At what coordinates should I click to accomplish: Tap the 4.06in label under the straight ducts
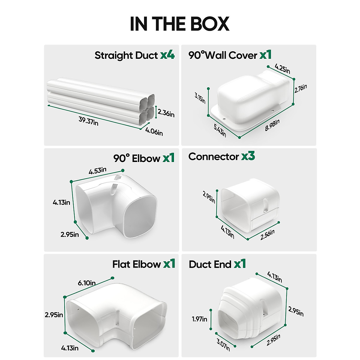pyautogui.click(x=154, y=131)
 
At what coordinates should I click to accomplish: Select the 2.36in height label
pyautogui.click(x=166, y=113)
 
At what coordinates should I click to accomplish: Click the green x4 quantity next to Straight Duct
pyautogui.click(x=167, y=55)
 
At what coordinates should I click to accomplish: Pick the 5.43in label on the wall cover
pyautogui.click(x=220, y=130)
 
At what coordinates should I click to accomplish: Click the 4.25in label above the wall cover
pyautogui.click(x=282, y=69)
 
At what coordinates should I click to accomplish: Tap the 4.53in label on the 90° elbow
pyautogui.click(x=97, y=171)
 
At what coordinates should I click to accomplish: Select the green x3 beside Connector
pyautogui.click(x=248, y=156)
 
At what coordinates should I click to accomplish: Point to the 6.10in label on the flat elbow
pyautogui.click(x=87, y=283)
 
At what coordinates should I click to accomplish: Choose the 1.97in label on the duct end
pyautogui.click(x=199, y=319)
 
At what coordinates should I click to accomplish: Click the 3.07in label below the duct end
pyautogui.click(x=223, y=344)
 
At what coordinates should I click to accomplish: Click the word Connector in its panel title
pyautogui.click(x=214, y=157)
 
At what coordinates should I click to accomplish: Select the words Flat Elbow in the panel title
pyautogui.click(x=136, y=264)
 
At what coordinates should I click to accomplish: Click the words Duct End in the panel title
pyautogui.click(x=210, y=264)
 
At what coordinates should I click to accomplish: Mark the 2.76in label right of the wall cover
pyautogui.click(x=301, y=88)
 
